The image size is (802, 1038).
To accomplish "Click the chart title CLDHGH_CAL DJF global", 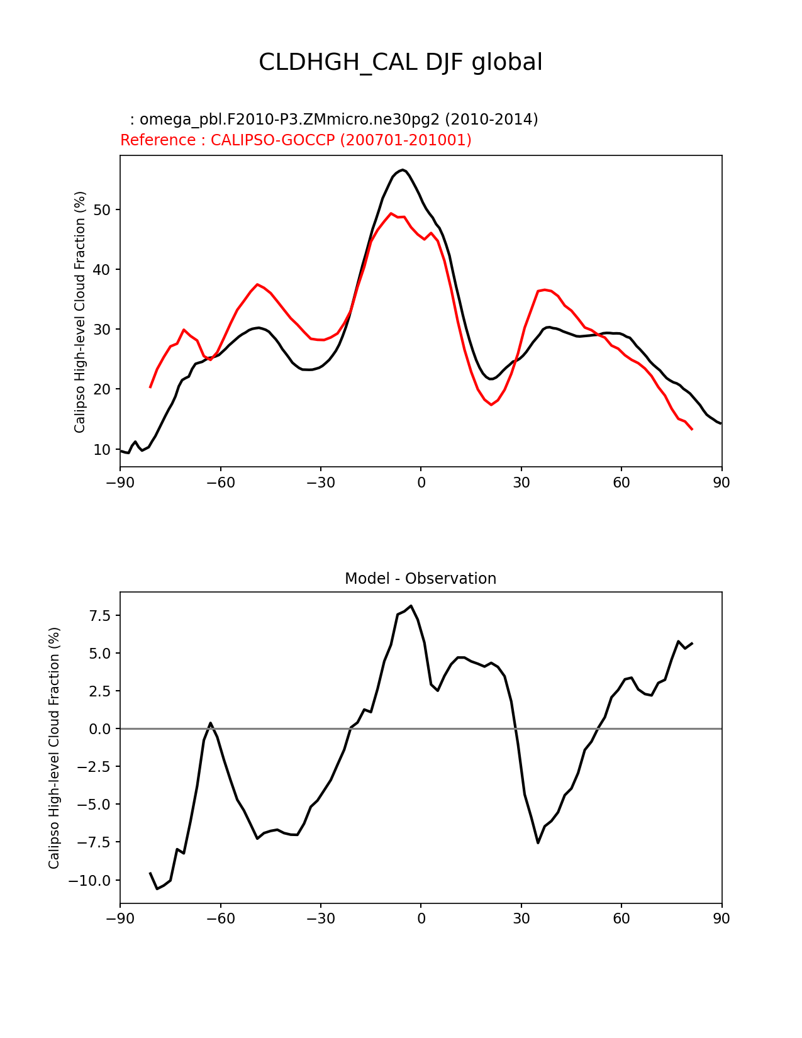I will pyautogui.click(x=400, y=62).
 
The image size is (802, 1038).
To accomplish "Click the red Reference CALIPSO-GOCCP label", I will pyautogui.click(x=296, y=140).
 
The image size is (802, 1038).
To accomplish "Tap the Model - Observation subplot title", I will pyautogui.click(x=420, y=579).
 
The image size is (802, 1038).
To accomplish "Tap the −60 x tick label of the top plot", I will pyautogui.click(x=220, y=483).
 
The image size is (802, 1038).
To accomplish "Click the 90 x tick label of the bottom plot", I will pyautogui.click(x=721, y=919).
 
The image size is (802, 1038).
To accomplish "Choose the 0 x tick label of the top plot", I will pyautogui.click(x=421, y=483).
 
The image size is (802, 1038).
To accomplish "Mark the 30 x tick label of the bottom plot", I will pyautogui.click(x=521, y=919).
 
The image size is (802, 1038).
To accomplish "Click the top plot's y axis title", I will pyautogui.click(x=80, y=312).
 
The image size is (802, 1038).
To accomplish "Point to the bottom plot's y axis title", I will pyautogui.click(x=54, y=748).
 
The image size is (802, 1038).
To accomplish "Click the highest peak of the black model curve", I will pyautogui.click(x=403, y=170).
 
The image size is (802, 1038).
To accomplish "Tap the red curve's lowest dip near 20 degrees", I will pyautogui.click(x=491, y=405).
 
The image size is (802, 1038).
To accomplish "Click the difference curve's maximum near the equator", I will pyautogui.click(x=411, y=606).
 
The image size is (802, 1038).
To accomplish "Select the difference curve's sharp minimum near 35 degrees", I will pyautogui.click(x=538, y=842).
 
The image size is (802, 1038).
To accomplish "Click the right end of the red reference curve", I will pyautogui.click(x=692, y=429).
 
